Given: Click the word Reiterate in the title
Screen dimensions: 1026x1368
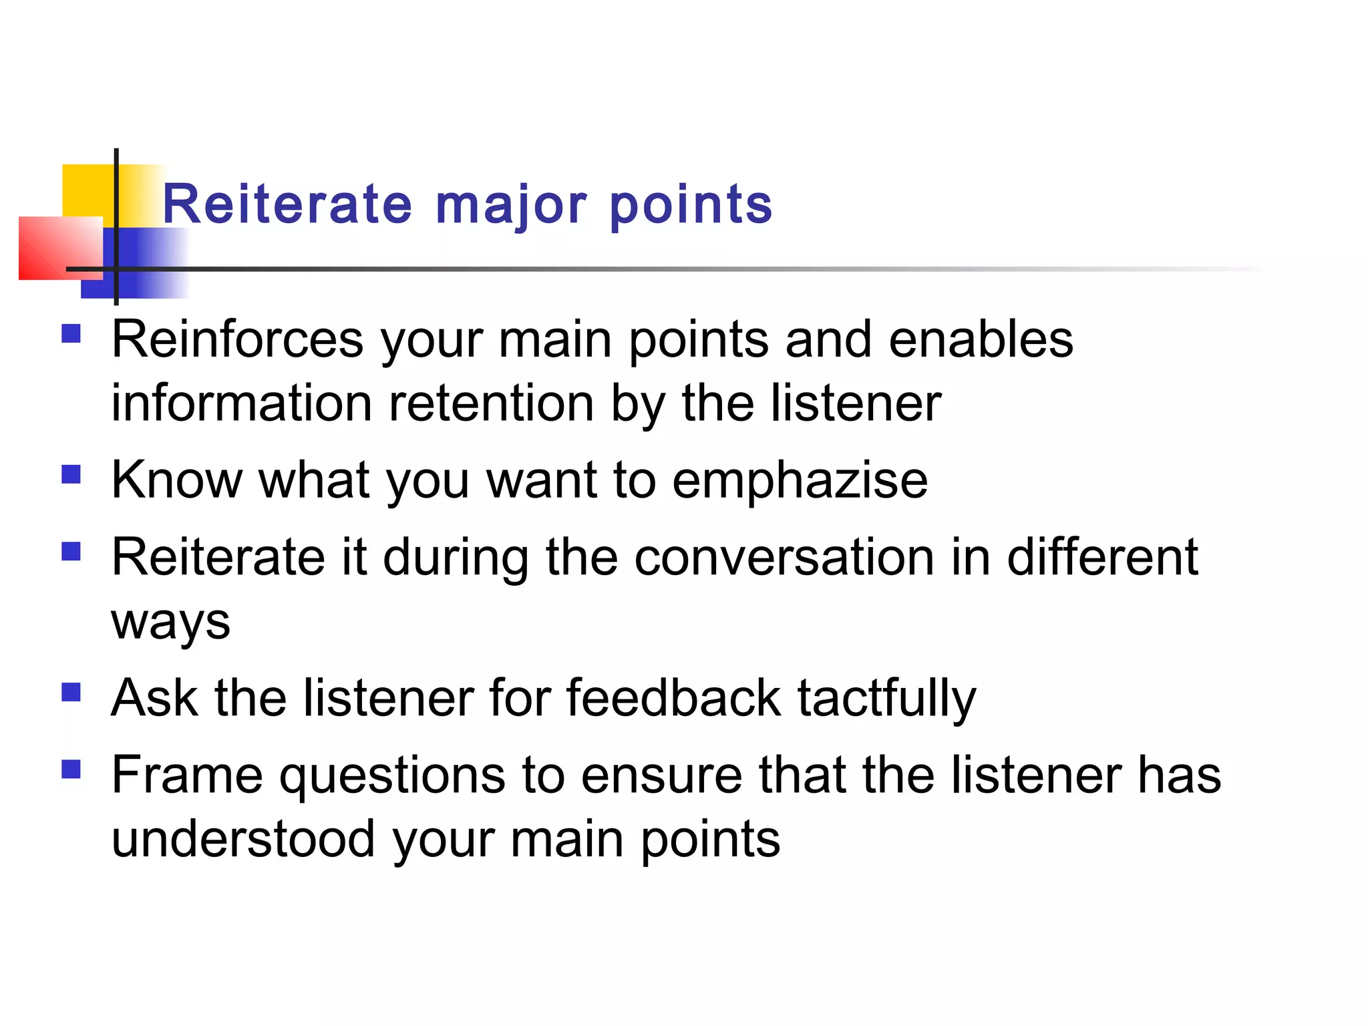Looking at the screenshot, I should pyautogui.click(x=287, y=204).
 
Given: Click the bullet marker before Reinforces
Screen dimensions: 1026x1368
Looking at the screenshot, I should pyautogui.click(x=71, y=333).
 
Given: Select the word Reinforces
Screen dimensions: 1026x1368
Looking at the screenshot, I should pyautogui.click(x=237, y=339).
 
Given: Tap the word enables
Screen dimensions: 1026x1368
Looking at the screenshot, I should pyautogui.click(x=981, y=339).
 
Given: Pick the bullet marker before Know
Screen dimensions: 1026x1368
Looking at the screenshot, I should pyautogui.click(x=71, y=474).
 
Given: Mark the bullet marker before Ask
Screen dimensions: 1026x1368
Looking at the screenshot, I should pyautogui.click(x=71, y=692).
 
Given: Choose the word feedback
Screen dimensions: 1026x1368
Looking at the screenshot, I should pyautogui.click(x=673, y=697).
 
